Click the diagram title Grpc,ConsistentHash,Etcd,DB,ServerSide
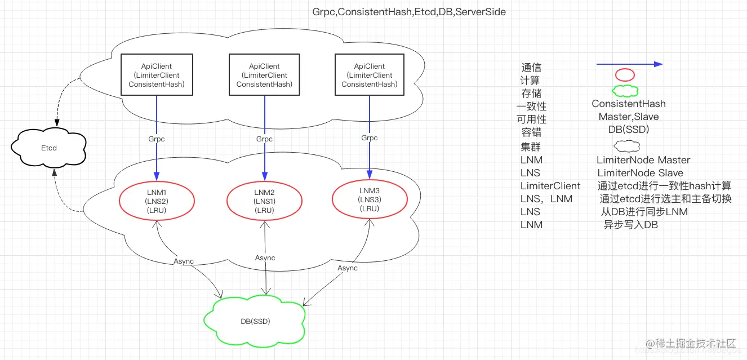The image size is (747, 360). [409, 11]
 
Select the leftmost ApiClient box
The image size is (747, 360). [157, 75]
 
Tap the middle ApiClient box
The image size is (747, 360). [264, 75]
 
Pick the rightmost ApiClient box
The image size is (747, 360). [370, 75]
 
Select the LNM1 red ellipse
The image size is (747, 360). [157, 201]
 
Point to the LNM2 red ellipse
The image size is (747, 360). [264, 201]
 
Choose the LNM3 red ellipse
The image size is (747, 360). [369, 199]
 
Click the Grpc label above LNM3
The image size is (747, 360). [370, 137]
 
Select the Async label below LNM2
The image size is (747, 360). [265, 257]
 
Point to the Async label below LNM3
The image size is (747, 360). [348, 268]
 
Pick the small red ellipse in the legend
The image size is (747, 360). [625, 75]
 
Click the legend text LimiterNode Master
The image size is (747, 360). [643, 160]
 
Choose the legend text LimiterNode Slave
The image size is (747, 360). [640, 173]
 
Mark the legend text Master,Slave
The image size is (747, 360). [628, 117]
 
